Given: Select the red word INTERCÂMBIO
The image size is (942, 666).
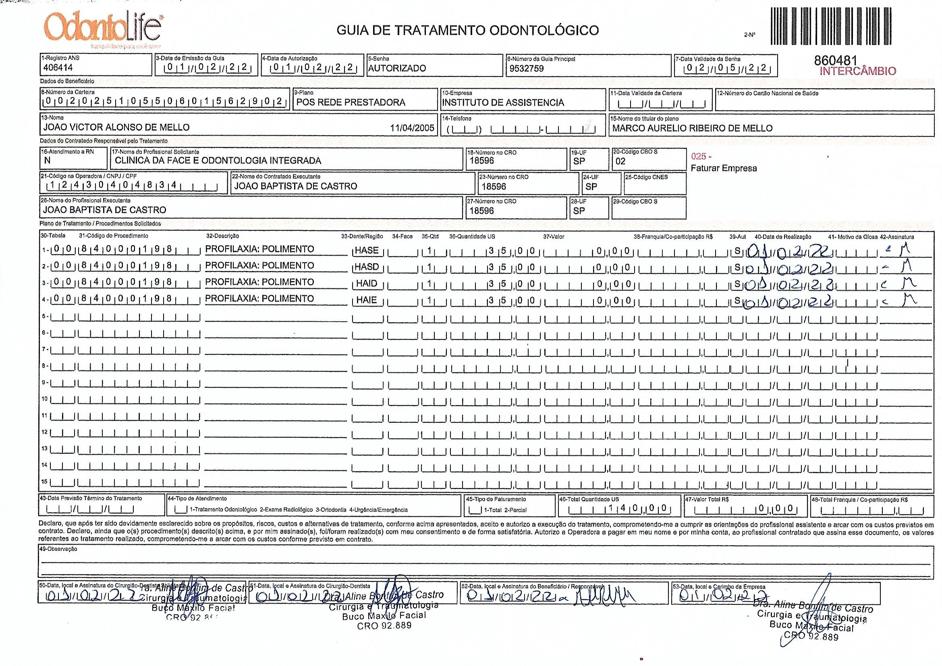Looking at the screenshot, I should coord(857,71).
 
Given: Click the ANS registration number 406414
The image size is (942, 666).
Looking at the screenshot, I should coord(58,68).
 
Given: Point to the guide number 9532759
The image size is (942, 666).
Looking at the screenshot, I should coord(526,68).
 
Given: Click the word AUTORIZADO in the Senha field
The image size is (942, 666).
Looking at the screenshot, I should coord(397,68).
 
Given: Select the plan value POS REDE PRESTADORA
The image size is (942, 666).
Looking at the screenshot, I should coord(351,103).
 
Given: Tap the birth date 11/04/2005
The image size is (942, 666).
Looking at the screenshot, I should coord(412,128).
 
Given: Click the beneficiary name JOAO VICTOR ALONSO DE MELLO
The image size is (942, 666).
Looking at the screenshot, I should coord(116,128).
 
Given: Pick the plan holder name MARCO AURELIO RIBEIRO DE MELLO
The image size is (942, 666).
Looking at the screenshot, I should coord(692,128).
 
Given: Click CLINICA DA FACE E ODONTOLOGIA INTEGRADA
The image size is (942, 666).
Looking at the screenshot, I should coord(218,161).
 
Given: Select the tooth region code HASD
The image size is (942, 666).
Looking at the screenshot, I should coord(366,267).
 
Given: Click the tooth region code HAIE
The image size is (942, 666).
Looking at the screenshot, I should coord(366,300).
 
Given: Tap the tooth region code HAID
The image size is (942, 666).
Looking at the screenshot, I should coord(366,284).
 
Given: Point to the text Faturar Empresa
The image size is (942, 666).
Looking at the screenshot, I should coord(724,169).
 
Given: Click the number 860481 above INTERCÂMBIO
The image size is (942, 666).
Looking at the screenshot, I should coord(836,61).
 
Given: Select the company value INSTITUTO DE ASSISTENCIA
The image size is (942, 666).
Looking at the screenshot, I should coord(502,103).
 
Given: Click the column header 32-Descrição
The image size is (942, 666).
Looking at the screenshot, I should coord(222,236).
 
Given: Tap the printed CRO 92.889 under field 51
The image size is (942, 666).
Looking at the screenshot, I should coord(384,626).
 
